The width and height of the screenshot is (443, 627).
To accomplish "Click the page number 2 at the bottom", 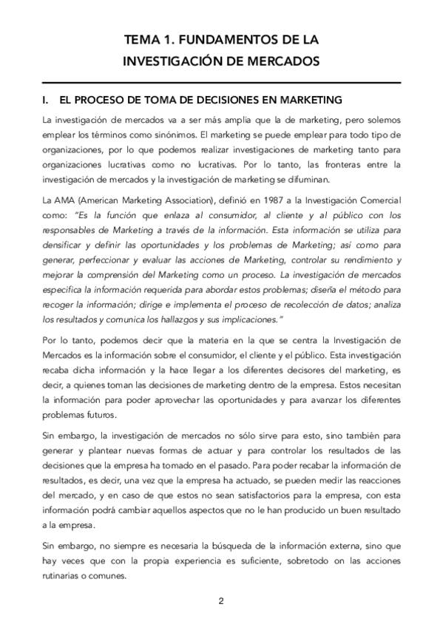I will (x=220, y=600).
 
